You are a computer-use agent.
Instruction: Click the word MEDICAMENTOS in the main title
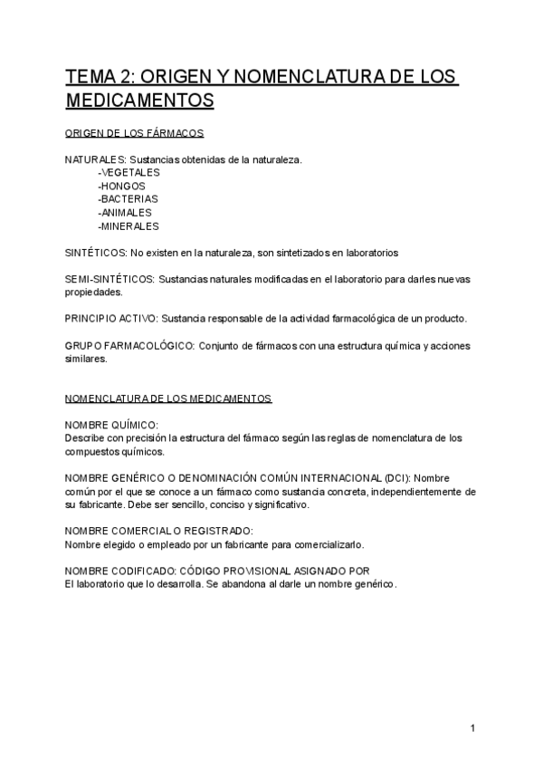(139, 99)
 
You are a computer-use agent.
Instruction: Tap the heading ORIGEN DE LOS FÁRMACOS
(135, 133)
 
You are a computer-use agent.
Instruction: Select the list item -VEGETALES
(129, 172)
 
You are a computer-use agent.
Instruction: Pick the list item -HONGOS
(121, 186)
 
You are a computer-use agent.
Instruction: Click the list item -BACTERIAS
(128, 199)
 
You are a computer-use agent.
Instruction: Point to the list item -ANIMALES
(125, 213)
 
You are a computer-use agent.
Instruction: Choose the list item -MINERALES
(128, 226)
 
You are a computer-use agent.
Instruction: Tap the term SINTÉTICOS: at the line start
(96, 253)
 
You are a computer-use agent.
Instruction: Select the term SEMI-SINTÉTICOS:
(110, 279)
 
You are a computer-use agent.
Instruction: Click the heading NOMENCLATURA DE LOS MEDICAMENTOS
(168, 398)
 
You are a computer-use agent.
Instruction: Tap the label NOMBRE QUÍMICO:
(111, 425)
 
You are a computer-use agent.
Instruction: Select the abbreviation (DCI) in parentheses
(396, 478)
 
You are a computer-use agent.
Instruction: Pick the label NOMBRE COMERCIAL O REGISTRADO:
(158, 532)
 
